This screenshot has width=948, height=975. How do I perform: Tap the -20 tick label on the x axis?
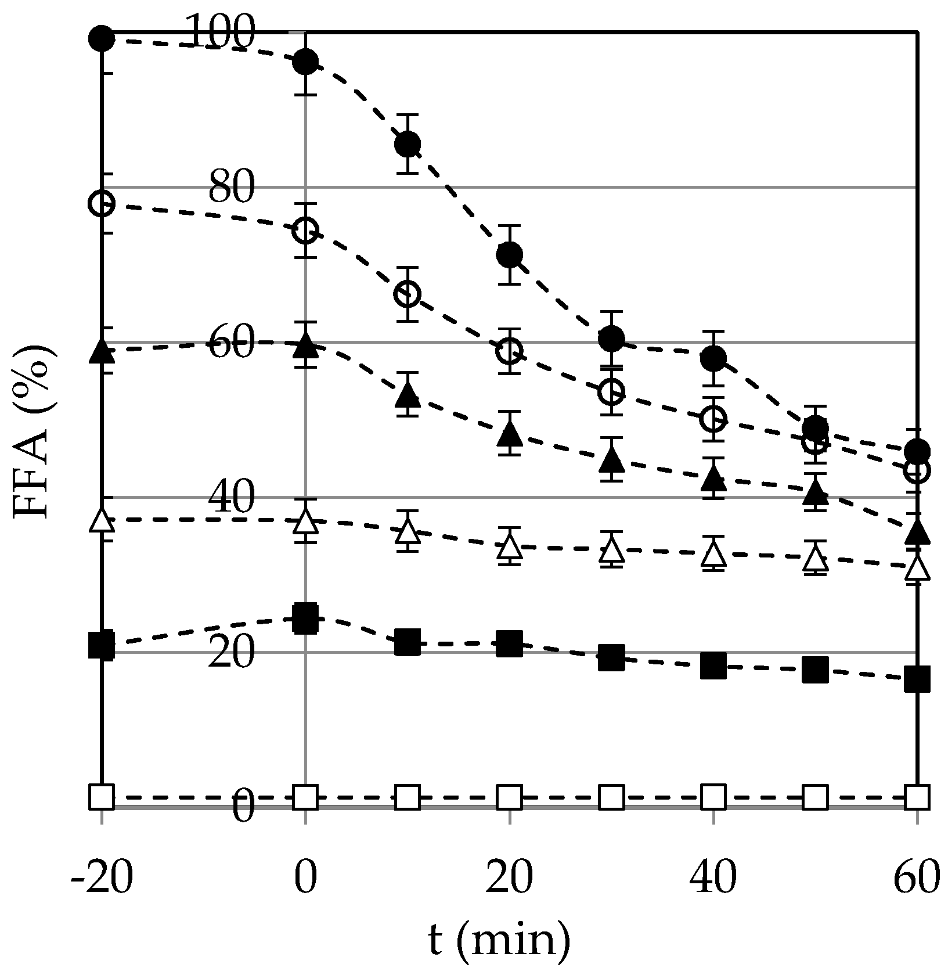[102, 878]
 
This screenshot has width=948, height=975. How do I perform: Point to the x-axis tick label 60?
[916, 878]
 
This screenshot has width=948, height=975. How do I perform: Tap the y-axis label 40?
[231, 497]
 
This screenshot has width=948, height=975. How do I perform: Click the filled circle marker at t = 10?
[408, 143]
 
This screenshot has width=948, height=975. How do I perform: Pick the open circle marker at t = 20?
[509, 351]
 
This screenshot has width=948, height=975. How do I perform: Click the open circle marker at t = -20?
[102, 203]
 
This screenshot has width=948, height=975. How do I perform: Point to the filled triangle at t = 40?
[713, 478]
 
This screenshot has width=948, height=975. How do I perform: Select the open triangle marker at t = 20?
[509, 545]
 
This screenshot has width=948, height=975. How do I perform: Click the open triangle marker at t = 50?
[816, 559]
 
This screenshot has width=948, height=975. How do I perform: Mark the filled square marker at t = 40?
[713, 665]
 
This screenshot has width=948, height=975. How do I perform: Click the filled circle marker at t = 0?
[305, 60]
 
